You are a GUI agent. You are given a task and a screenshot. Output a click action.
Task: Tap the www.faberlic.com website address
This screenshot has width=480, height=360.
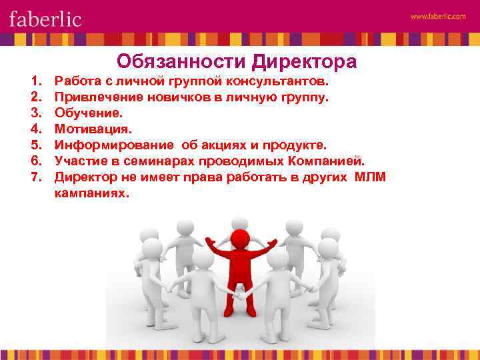437,17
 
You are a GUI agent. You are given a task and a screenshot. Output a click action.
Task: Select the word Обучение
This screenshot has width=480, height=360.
88,113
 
